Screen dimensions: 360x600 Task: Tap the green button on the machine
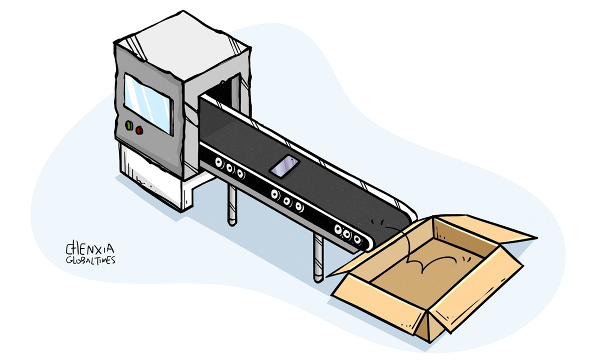[x=129, y=125]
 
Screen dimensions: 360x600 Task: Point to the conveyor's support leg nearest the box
[x=317, y=257]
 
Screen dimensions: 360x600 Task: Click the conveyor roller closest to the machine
[x=219, y=162]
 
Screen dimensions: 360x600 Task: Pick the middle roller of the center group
[x=287, y=201]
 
